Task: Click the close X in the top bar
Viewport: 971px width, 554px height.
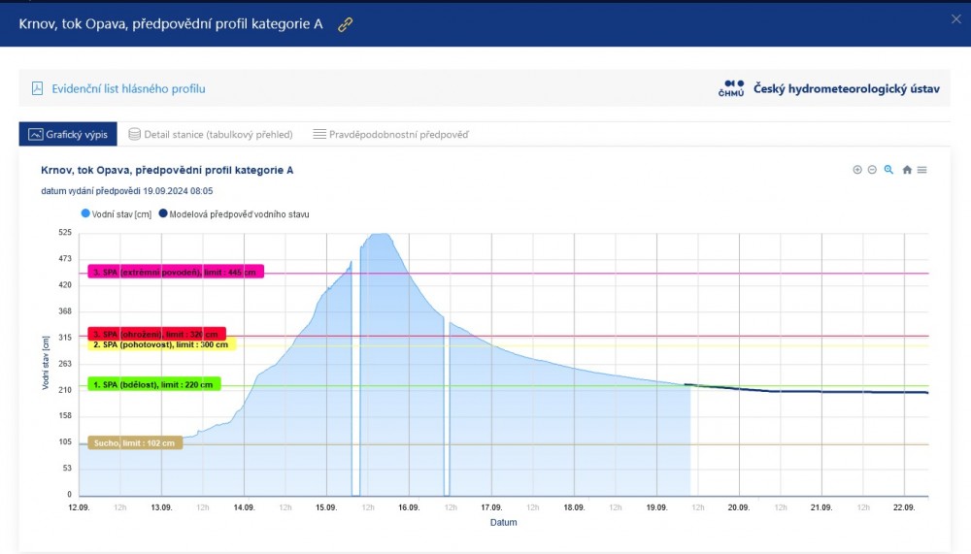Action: point(955,18)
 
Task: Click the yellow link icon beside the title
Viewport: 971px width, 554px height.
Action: point(345,24)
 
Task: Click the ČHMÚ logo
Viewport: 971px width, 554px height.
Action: point(732,88)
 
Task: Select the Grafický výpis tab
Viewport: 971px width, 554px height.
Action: point(68,134)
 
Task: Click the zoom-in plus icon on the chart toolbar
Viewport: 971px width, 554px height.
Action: point(857,170)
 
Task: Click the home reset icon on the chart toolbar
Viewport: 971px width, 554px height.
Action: point(907,170)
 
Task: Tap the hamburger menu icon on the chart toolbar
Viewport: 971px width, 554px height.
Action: point(922,170)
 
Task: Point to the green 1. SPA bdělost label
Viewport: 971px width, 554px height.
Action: point(153,384)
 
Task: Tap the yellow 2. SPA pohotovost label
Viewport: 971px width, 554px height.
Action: point(161,345)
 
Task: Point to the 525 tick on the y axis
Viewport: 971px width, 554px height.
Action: point(65,233)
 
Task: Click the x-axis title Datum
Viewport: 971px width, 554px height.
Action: point(503,522)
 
